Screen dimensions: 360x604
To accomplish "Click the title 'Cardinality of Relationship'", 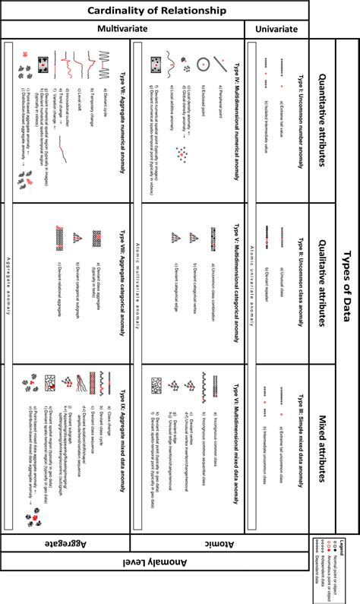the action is (156, 10).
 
